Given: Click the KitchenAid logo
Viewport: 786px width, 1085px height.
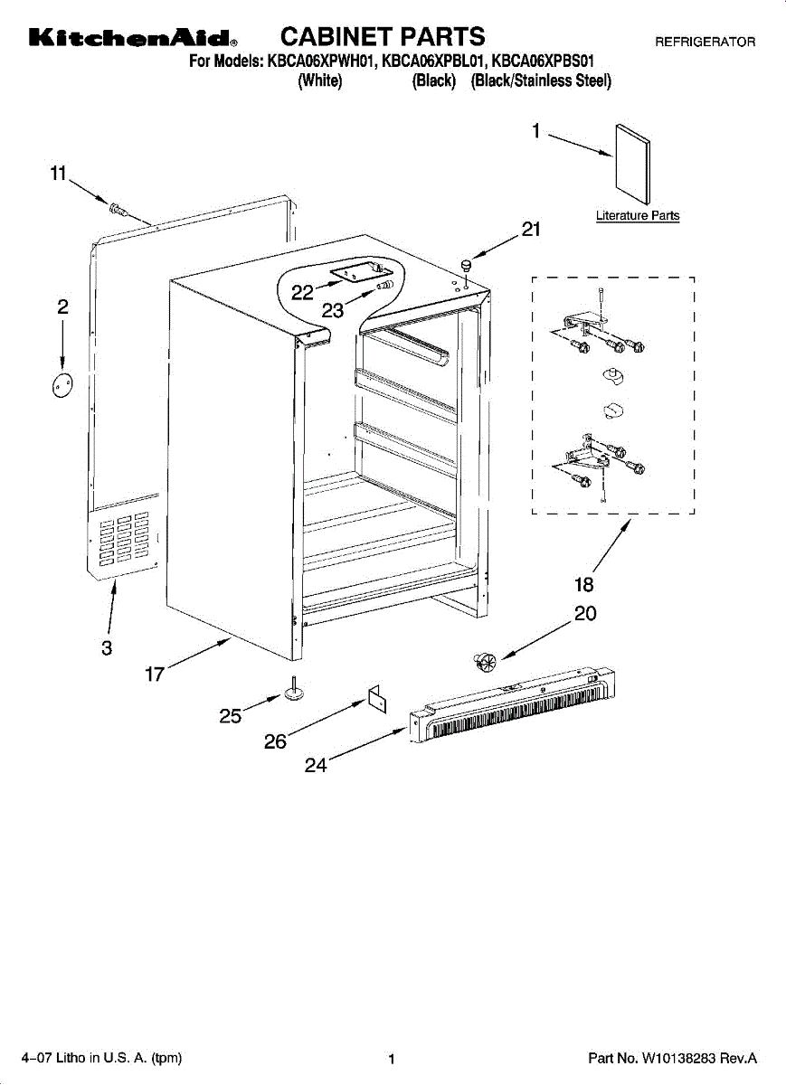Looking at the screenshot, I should pos(132,39).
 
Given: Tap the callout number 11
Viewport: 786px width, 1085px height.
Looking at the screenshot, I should pos(58,174).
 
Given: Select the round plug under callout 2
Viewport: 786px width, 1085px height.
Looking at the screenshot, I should pos(62,384).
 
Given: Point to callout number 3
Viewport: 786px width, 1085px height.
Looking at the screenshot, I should pos(107,647).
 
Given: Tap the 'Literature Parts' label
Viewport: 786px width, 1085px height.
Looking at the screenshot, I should pos(637,216).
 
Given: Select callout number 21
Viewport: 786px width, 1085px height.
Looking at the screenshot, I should pos(530,230).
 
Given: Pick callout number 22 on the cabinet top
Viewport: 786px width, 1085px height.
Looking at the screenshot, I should pos(302,291).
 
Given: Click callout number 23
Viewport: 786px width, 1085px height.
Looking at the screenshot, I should pos(333,310).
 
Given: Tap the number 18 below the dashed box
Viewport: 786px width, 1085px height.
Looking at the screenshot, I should pos(584,584).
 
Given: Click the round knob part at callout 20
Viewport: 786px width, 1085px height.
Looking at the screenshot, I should pos(483,663).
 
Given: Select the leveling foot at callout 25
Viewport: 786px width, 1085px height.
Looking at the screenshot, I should pos(294,692).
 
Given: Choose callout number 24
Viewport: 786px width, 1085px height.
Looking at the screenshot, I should pos(315,765).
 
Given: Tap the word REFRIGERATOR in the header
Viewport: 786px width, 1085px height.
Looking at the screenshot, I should pos(705,42).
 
